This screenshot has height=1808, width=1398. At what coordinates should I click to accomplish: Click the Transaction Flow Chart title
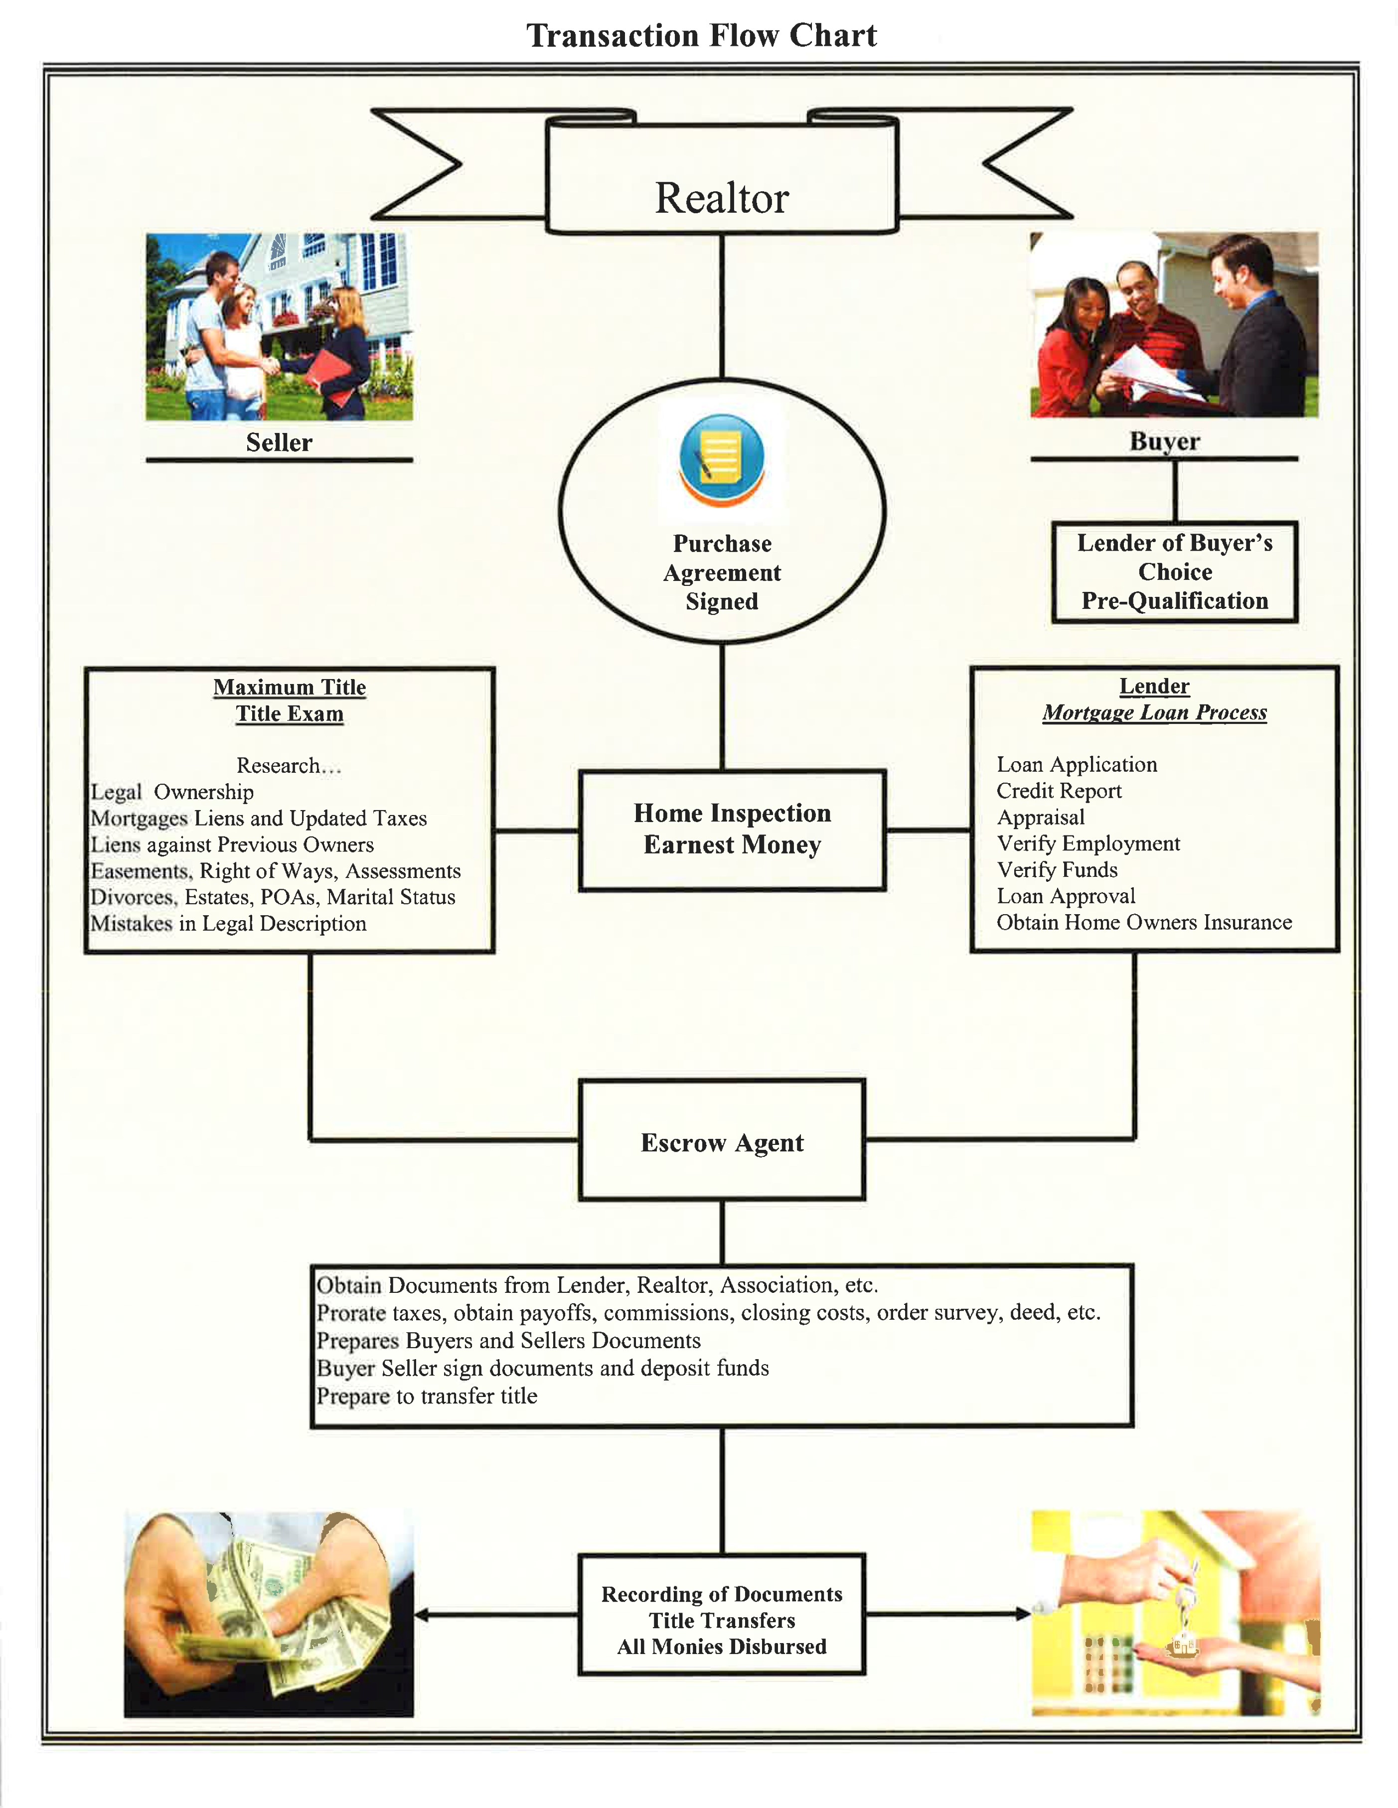tap(701, 35)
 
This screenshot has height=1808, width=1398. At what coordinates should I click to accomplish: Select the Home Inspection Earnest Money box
tap(732, 830)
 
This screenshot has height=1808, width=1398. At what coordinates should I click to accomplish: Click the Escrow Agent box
tap(721, 1142)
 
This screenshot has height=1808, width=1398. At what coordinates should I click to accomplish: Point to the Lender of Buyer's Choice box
tap(1174, 572)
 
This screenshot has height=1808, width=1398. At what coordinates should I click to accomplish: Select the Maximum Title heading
tap(289, 687)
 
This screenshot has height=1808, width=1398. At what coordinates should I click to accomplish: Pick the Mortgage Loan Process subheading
tap(1154, 713)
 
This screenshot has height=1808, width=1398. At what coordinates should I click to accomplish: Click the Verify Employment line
tap(1088, 843)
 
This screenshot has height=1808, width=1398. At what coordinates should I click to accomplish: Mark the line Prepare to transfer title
tap(427, 1396)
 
